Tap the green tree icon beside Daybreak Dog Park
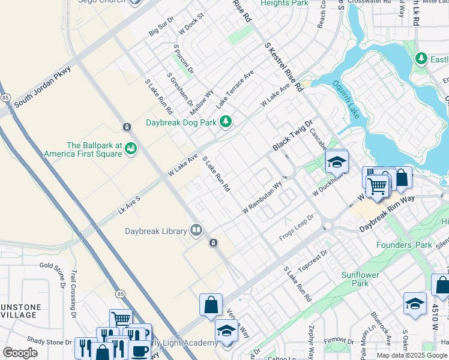[226, 122]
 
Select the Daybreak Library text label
[155, 230]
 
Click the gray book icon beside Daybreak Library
[196, 230]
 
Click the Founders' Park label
[404, 245]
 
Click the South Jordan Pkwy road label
[43, 88]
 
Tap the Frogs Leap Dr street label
[297, 229]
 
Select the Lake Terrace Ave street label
[235, 89]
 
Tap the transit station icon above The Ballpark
[127, 127]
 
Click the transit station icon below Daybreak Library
[212, 242]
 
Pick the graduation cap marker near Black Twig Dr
[337, 162]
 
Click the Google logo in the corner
[20, 353]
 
